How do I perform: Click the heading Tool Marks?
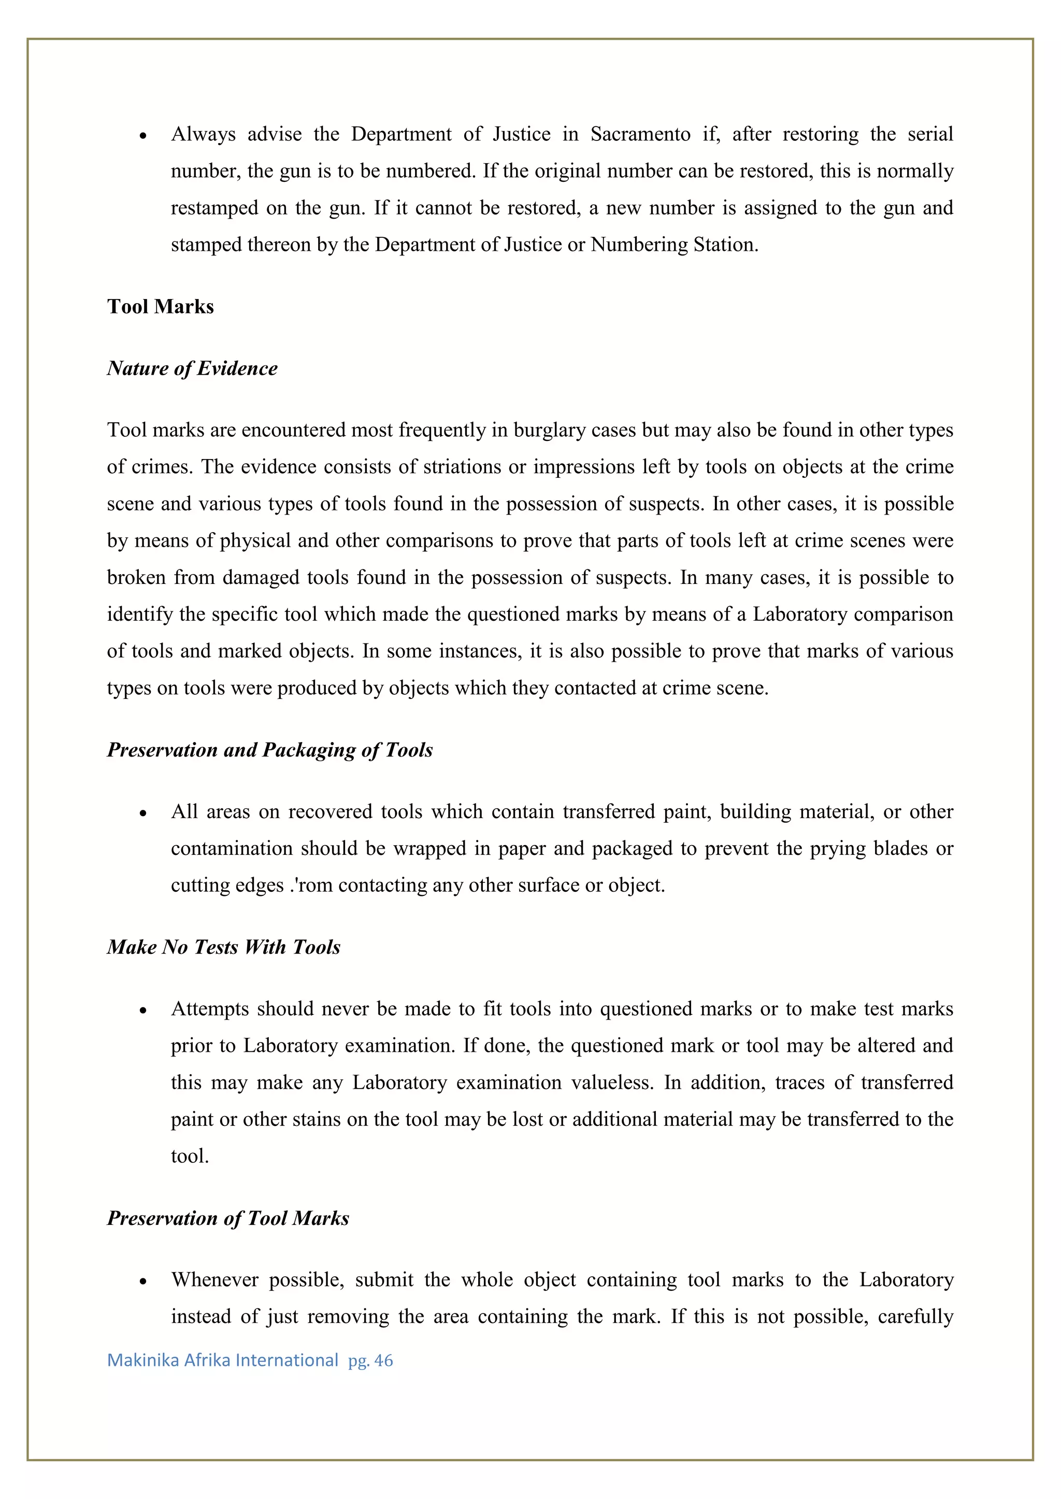pyautogui.click(x=160, y=306)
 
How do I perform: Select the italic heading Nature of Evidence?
pyautogui.click(x=192, y=368)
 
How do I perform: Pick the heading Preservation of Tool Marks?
pyautogui.click(x=228, y=1218)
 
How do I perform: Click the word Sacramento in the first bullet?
pyautogui.click(x=640, y=134)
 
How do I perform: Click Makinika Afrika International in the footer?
pyautogui.click(x=222, y=1361)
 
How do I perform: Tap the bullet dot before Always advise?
pyautogui.click(x=143, y=136)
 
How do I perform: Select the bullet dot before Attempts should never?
pyautogui.click(x=143, y=1011)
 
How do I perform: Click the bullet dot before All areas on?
pyautogui.click(x=143, y=813)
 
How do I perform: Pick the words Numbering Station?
pyautogui.click(x=673, y=245)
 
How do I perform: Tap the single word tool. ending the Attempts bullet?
pyautogui.click(x=190, y=1156)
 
